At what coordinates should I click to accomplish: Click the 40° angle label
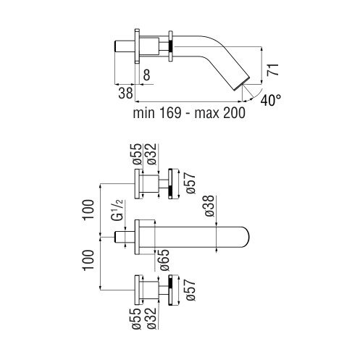click(x=271, y=100)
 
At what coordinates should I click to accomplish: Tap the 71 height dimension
click(x=273, y=70)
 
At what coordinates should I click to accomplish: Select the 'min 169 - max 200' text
click(x=189, y=112)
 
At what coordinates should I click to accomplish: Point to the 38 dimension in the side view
click(x=125, y=93)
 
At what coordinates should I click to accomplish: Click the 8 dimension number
click(x=146, y=75)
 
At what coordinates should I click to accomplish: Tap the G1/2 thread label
click(x=118, y=210)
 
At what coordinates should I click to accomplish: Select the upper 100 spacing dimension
click(x=88, y=209)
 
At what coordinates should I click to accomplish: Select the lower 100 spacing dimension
click(x=88, y=260)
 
